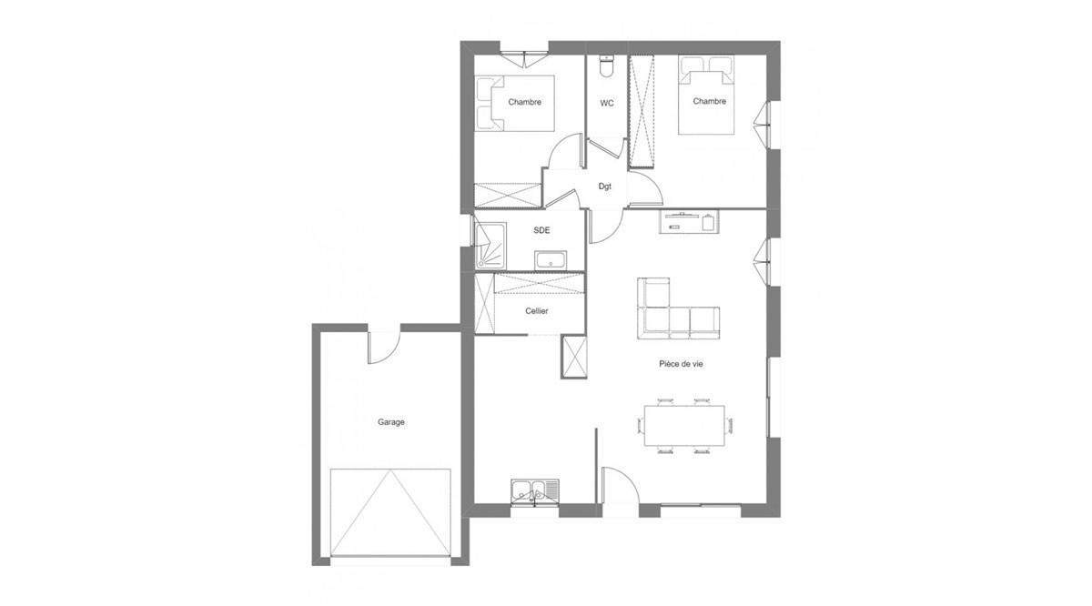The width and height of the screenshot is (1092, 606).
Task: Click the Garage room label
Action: click(x=391, y=422)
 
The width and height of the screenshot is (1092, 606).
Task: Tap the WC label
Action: click(x=607, y=104)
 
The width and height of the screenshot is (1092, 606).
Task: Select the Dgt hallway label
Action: click(x=605, y=187)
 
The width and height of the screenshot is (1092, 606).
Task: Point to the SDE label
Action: click(x=541, y=230)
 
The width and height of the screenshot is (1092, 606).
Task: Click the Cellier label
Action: click(x=537, y=311)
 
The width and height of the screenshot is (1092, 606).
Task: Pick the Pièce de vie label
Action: click(x=681, y=364)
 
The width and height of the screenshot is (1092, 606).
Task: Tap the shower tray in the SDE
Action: click(x=490, y=246)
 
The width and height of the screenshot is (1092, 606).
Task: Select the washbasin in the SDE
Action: click(x=551, y=260)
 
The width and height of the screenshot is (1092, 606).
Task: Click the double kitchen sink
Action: click(x=535, y=492)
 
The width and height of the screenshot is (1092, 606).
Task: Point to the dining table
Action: click(x=684, y=426)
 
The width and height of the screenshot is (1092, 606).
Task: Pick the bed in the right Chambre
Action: click(x=706, y=95)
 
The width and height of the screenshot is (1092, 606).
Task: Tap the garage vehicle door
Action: click(x=390, y=512)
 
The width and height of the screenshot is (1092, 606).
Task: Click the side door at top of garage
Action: click(x=384, y=348)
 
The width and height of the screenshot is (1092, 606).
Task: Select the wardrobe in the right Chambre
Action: click(x=641, y=111)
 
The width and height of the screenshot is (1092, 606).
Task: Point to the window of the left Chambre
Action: click(x=524, y=57)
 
